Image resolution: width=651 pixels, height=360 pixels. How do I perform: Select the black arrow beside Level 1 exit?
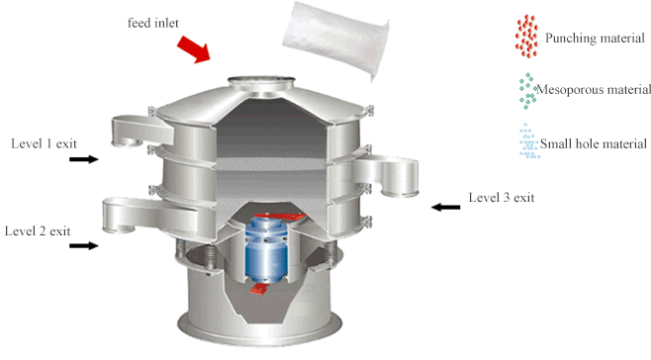click(x=85, y=158)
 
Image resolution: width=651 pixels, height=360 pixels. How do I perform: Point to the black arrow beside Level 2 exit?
click(x=85, y=245)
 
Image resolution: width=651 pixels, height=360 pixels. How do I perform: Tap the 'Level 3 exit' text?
click(x=501, y=198)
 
